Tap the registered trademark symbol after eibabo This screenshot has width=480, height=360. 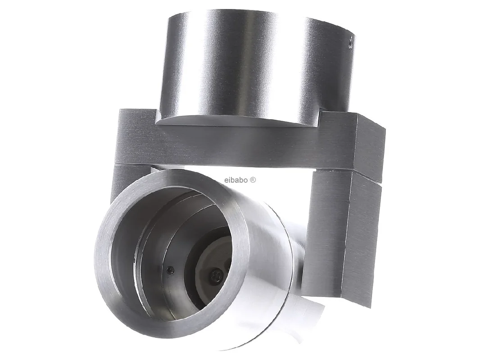pos(253,180)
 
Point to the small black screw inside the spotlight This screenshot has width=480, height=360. pos(170,270)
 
